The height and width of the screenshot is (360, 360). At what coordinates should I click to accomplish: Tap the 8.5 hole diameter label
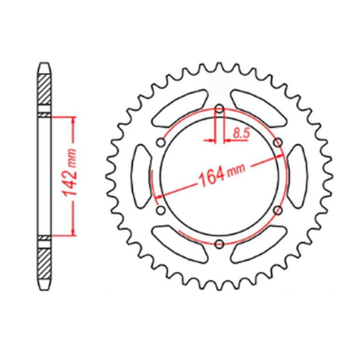click(239, 133)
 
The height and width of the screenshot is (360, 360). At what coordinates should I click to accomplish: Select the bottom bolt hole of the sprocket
click(219, 244)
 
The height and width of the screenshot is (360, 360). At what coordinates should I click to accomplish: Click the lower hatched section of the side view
click(44, 263)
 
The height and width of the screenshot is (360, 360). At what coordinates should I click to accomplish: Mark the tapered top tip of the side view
click(44, 66)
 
